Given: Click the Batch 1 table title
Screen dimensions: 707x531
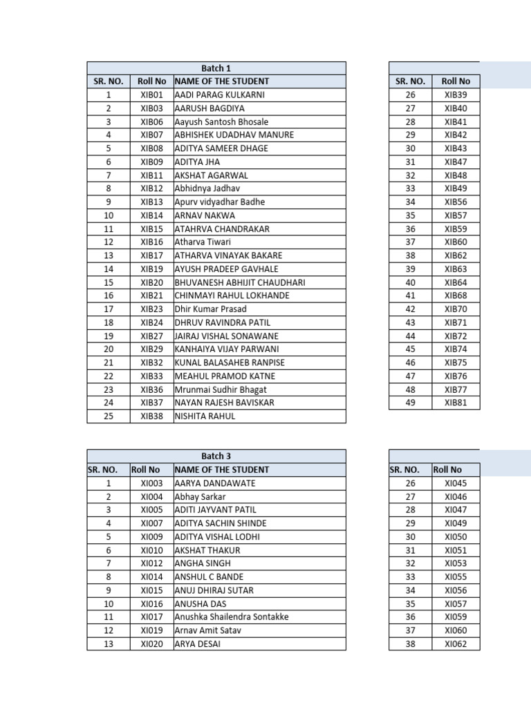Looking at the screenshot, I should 216,68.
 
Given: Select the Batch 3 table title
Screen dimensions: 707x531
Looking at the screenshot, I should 216,456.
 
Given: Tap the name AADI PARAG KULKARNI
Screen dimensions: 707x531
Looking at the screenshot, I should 219,95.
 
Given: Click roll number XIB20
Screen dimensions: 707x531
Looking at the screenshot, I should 151,282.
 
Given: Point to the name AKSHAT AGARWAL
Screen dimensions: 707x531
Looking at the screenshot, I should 211,175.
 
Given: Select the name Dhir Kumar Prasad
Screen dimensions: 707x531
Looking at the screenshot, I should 211,309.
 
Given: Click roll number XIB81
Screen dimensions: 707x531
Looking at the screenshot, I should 456,403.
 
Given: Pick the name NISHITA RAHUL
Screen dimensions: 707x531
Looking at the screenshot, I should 205,416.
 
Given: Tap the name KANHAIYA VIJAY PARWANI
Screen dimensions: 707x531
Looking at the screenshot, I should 225,349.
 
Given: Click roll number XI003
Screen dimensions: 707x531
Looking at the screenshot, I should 151,483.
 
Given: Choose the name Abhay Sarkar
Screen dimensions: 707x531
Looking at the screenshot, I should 200,496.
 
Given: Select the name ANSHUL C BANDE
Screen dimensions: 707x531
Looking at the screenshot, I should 209,577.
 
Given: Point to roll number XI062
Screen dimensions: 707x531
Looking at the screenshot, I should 456,644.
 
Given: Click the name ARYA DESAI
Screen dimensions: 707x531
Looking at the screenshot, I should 199,644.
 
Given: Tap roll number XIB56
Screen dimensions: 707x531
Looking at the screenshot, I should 456,202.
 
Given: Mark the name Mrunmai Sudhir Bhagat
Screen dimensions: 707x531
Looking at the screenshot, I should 220,389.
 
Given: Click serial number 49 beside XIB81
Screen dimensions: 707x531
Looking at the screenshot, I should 411,403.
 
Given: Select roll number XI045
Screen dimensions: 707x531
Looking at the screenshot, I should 456,483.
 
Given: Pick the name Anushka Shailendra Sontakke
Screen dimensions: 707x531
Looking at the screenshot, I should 232,617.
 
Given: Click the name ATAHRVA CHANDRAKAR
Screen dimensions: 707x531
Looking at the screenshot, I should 222,229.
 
